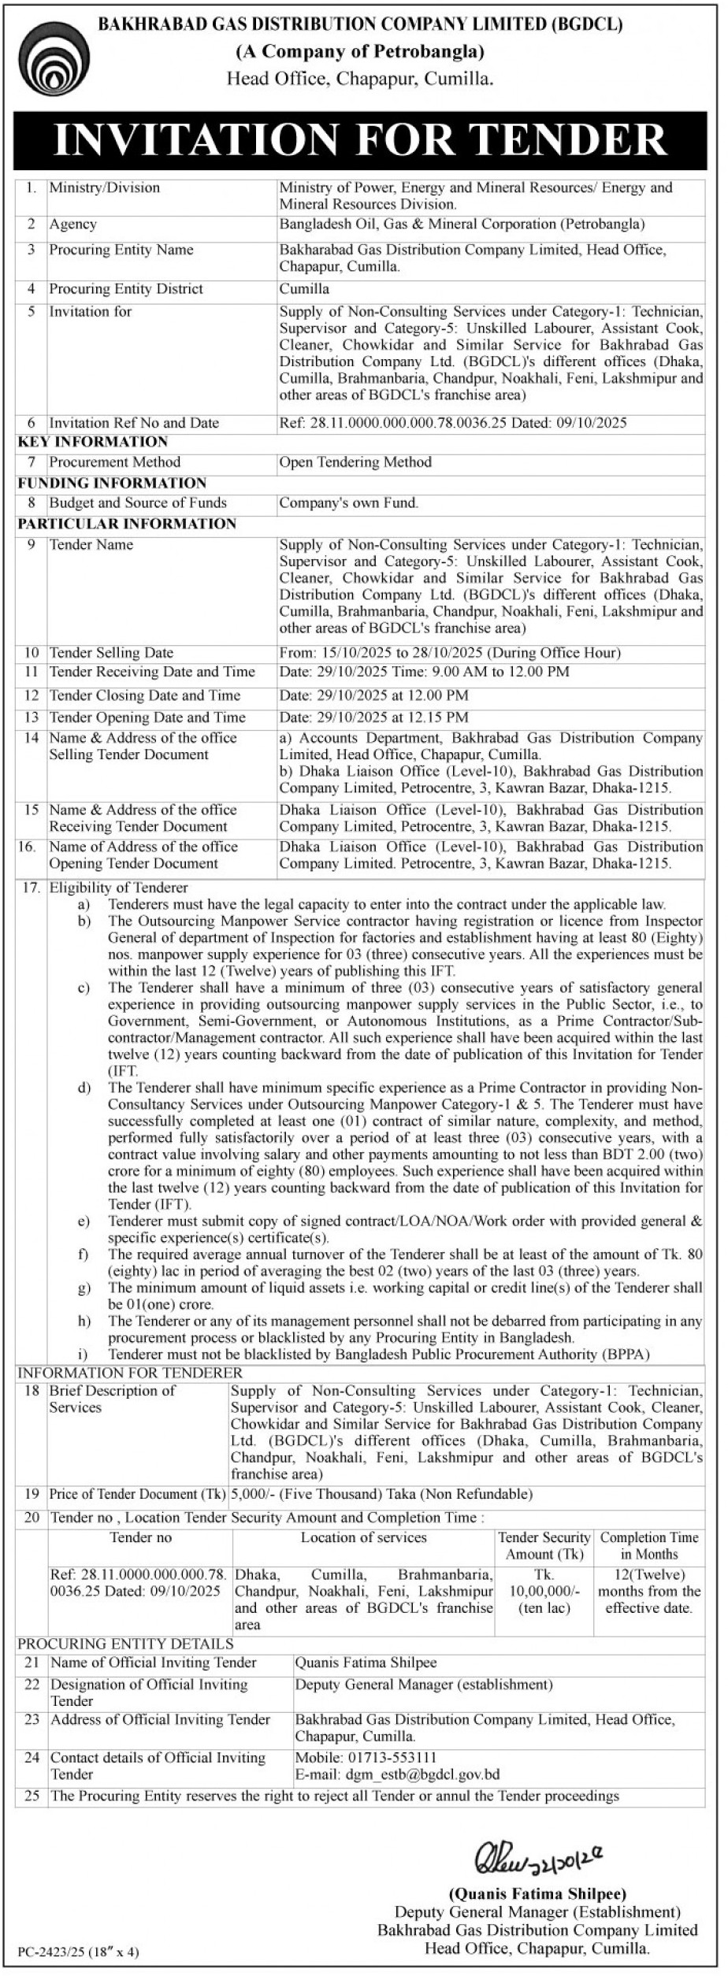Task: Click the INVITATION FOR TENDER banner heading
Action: pos(360,139)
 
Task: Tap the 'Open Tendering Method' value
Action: pos(355,462)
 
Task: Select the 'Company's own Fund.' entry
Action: pos(349,503)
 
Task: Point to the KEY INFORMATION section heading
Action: pos(93,442)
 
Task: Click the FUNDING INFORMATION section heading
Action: pos(112,483)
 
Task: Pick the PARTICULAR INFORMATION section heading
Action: pos(127,524)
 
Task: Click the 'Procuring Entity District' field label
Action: pos(126,289)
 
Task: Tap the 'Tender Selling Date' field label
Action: pos(111,653)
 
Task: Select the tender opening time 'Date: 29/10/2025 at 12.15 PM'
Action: pos(373,717)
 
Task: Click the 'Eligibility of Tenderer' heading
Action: pos(118,888)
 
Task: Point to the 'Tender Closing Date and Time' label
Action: pos(144,695)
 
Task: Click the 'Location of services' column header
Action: pos(363,1537)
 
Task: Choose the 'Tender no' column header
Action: pos(140,1537)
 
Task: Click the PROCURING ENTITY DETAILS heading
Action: pos(125,1644)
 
